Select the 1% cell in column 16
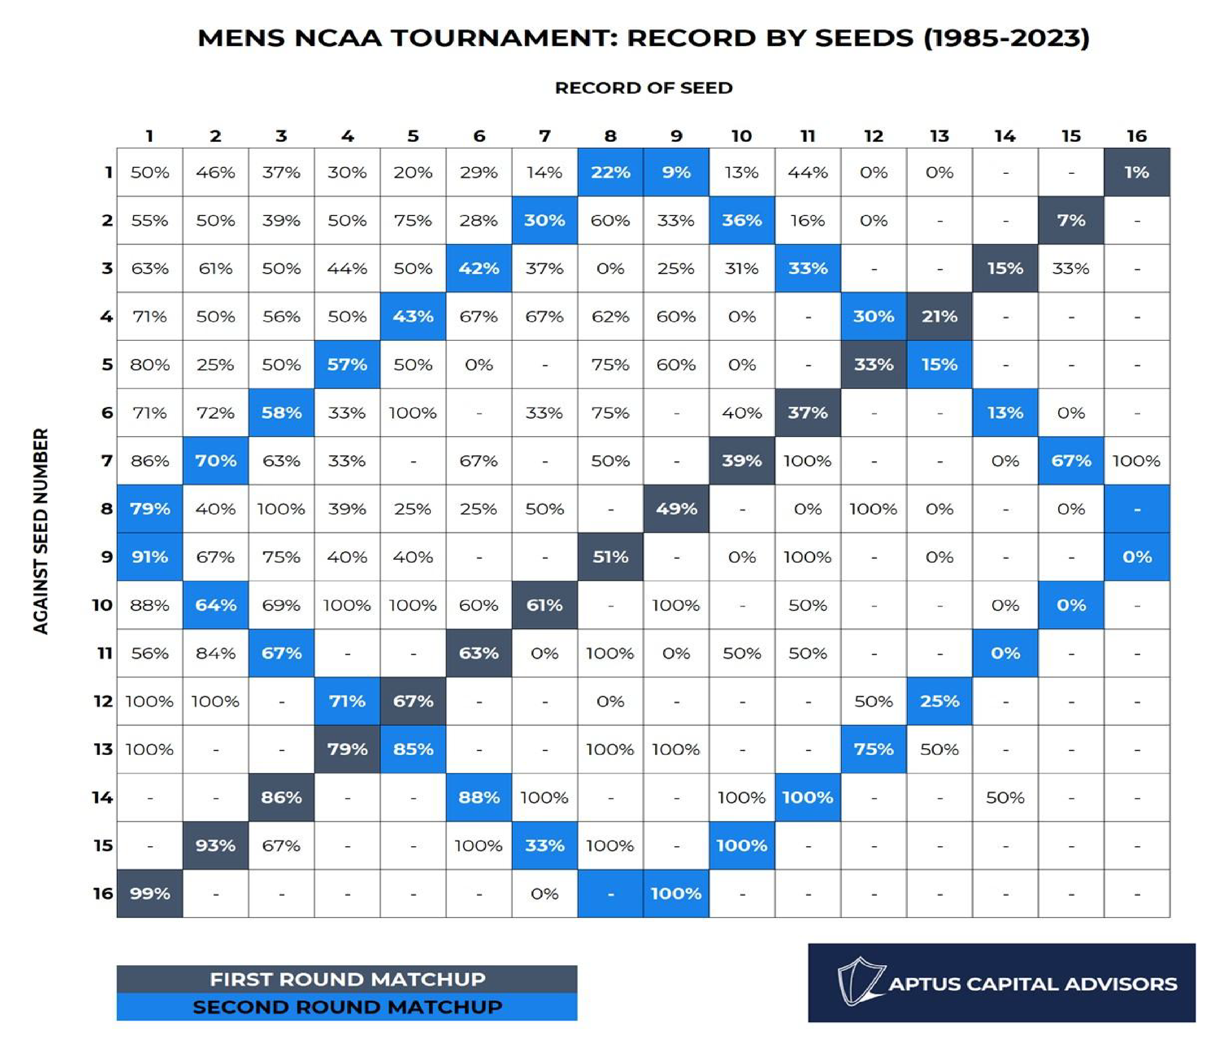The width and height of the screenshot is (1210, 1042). tap(1137, 172)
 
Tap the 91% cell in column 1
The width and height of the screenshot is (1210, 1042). tap(150, 557)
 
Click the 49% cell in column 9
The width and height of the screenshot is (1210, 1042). tap(676, 509)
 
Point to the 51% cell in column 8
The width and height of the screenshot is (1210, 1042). tap(610, 557)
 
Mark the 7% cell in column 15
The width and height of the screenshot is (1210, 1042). tap(1071, 220)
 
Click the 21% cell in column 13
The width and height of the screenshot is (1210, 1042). tap(939, 317)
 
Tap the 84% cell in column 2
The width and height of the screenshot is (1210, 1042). tap(215, 653)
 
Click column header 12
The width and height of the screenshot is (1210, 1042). tap(874, 136)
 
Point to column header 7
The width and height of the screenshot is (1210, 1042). tap(544, 136)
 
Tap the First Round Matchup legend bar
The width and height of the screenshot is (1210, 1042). tap(347, 979)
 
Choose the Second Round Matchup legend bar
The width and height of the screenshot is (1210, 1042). tap(347, 1007)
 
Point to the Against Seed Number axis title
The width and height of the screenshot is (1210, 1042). tap(40, 532)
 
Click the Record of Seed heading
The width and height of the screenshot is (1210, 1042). tap(644, 88)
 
